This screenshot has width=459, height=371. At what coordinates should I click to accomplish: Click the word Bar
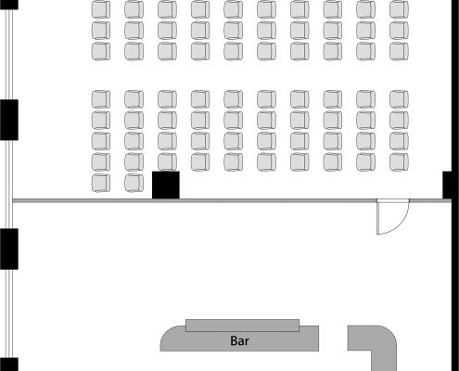[x=239, y=340]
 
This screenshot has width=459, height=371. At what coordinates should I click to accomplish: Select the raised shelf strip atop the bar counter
[x=242, y=326]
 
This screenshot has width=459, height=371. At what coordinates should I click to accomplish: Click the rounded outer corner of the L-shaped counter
[x=391, y=331]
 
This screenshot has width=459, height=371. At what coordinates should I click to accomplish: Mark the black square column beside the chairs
[x=166, y=185]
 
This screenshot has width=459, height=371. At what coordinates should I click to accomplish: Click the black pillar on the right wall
[x=447, y=185]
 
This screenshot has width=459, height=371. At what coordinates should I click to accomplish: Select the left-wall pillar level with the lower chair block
[x=9, y=120]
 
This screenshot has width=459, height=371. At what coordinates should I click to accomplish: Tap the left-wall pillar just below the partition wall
[x=9, y=249]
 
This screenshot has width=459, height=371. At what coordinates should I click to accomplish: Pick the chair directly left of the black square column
[x=134, y=183]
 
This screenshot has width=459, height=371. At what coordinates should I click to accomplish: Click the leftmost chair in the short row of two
[x=101, y=183]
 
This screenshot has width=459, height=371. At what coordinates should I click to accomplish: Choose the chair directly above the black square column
[x=167, y=161]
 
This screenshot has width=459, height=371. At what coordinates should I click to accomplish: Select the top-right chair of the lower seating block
[x=399, y=99]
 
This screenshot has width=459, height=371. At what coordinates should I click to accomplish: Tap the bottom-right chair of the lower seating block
[x=399, y=161]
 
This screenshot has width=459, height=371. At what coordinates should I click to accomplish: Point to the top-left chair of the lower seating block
[x=101, y=99]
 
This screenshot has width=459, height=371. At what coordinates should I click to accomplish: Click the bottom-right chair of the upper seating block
[x=399, y=51]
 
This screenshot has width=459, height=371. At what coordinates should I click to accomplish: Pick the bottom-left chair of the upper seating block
[x=101, y=51]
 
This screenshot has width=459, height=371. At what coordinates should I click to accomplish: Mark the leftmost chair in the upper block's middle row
[x=101, y=30]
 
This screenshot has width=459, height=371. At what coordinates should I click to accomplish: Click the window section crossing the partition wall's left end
[x=9, y=185]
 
